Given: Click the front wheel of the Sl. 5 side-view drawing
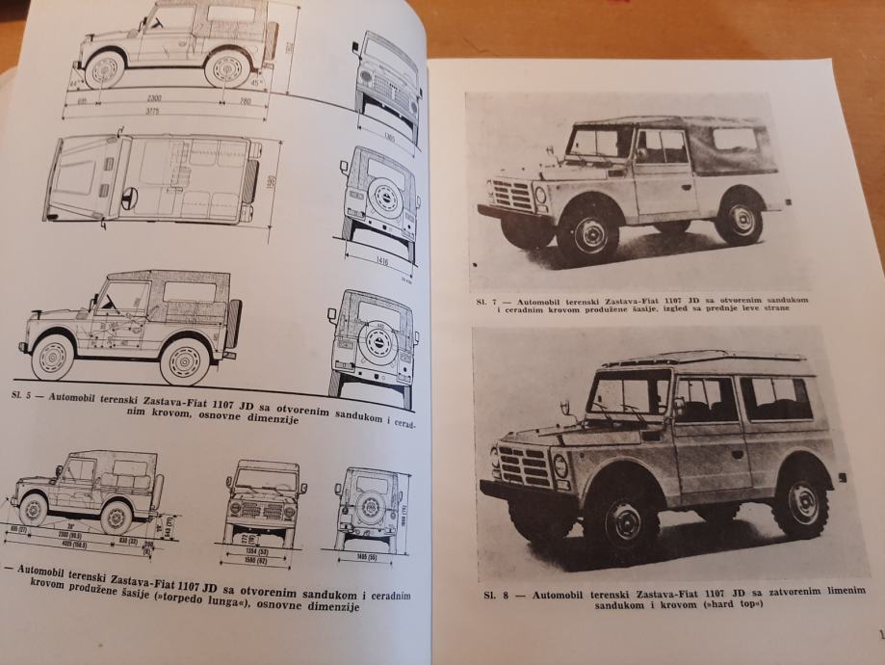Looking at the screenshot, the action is pyautogui.click(x=52, y=356).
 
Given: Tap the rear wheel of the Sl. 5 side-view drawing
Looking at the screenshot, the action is pyautogui.click(x=185, y=359).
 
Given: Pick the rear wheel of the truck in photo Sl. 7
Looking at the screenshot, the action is pyautogui.click(x=741, y=219).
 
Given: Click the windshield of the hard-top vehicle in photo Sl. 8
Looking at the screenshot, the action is pyautogui.click(x=630, y=394).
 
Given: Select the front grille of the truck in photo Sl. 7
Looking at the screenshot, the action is pyautogui.click(x=512, y=195).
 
